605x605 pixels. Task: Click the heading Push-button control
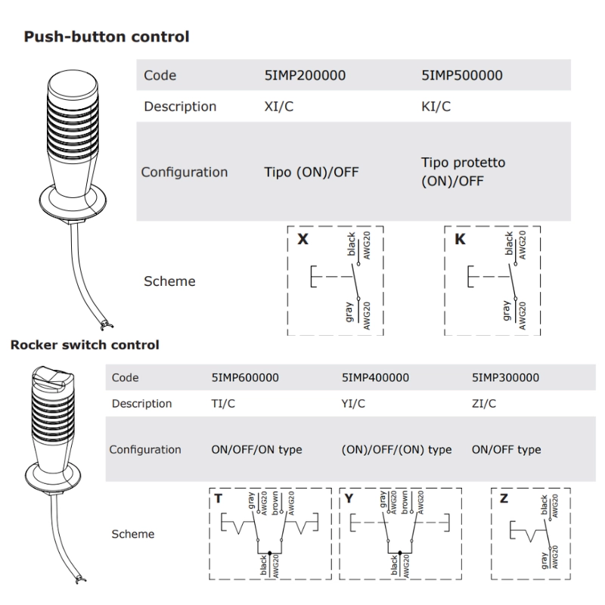107,36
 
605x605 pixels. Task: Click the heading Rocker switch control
84,345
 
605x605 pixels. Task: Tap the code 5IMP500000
461,76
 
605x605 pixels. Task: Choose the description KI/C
436,107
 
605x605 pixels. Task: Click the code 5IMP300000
505,377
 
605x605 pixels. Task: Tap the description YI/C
354,404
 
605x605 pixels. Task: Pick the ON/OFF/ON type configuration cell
256,449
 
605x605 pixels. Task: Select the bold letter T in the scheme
219,499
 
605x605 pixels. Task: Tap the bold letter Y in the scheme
349,499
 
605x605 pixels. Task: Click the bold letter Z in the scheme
504,499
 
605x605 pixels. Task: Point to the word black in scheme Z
545,507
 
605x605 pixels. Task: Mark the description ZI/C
484,404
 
